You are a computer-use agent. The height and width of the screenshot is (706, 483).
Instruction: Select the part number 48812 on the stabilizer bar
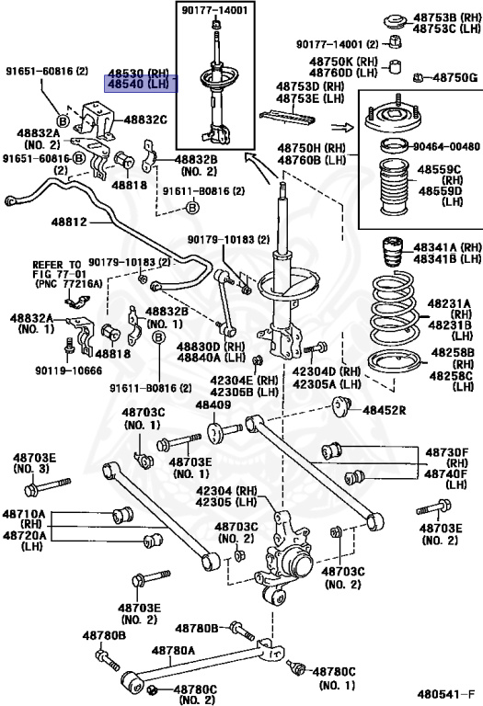pos(69,222)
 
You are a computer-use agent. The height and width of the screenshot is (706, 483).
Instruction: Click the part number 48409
pos(213,404)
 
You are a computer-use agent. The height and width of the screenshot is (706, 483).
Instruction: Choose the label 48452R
pos(385,410)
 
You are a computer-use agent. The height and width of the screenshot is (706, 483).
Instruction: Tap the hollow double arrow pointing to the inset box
pos(342,128)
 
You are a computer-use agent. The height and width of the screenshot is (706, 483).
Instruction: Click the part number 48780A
pos(173,650)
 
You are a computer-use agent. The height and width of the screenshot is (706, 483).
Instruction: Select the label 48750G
pos(454,78)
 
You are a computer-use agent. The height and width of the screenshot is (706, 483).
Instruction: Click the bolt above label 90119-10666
pos(69,347)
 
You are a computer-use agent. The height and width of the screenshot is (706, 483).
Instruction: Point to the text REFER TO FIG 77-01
pos(57,269)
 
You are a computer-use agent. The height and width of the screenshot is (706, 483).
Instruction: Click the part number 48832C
pos(145,120)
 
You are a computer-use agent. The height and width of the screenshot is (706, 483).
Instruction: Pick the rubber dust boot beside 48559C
pos(393,188)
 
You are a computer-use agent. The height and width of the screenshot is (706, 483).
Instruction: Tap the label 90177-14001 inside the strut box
pos(215,10)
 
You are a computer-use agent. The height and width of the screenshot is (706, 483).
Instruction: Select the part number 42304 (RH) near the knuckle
pos(226,491)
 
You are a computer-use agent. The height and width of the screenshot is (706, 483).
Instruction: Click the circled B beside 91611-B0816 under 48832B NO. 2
pos(192,208)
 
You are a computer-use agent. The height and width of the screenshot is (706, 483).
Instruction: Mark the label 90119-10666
pos(68,370)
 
